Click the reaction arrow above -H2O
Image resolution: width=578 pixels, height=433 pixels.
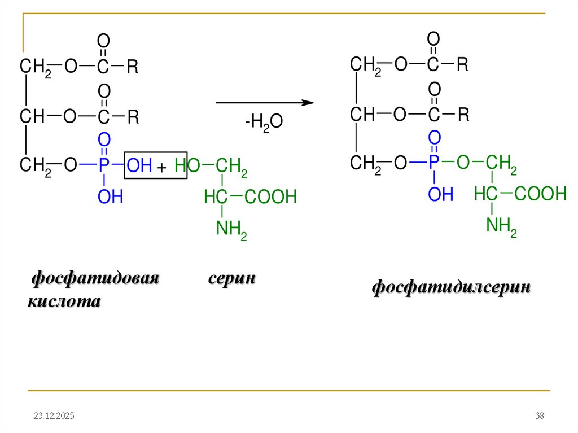(264, 103)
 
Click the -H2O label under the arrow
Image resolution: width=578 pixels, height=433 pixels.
(264, 124)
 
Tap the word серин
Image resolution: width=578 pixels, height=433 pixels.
(232, 279)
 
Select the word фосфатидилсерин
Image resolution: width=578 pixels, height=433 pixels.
(451, 287)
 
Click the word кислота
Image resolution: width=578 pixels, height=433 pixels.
(64, 302)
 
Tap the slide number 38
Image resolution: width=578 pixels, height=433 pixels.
(539, 416)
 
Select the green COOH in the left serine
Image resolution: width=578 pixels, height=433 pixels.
(270, 197)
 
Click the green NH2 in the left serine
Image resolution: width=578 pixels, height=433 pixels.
(231, 229)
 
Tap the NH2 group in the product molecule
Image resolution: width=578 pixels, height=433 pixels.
(502, 226)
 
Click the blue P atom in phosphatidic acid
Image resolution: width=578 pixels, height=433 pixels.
(104, 165)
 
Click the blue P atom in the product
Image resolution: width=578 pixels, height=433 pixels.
(433, 163)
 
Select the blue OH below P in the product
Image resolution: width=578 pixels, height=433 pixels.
(440, 195)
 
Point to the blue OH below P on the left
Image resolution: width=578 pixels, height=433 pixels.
(110, 197)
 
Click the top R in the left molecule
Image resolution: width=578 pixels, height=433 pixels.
(133, 67)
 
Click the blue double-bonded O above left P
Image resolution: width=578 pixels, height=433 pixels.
(104, 140)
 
